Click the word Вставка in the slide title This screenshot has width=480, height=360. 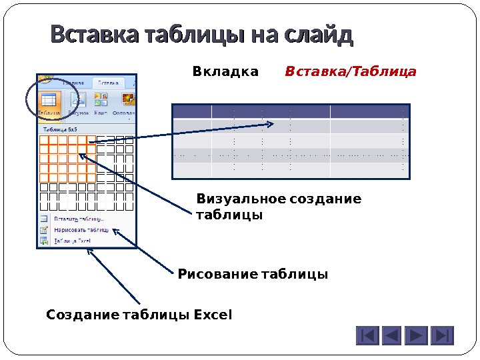[x=92, y=35]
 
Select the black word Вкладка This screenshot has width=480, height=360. [x=225, y=71]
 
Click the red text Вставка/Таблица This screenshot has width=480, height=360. [x=351, y=71]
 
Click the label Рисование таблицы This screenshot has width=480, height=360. [x=253, y=274]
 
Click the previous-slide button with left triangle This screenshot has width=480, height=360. [x=392, y=335]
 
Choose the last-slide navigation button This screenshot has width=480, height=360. [x=442, y=335]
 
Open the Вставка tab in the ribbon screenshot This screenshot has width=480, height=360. [x=108, y=83]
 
